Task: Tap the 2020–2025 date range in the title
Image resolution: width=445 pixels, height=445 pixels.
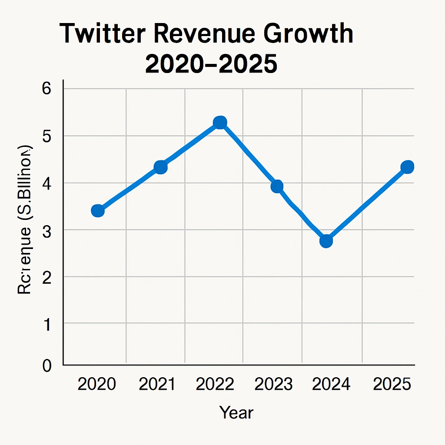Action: pos(211,64)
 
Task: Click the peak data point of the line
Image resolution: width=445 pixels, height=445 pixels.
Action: pos(220,123)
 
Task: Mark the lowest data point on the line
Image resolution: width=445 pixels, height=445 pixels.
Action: pos(326,241)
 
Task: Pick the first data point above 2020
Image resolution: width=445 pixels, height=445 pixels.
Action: pos(98,211)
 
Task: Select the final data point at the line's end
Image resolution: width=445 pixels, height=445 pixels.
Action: pos(407,167)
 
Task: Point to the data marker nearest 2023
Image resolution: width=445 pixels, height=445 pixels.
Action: pos(277,186)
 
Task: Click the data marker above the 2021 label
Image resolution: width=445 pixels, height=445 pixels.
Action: pos(161,167)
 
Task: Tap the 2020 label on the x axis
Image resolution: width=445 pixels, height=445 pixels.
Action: pos(96,385)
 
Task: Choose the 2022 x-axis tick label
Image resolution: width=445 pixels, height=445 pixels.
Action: pos(215,385)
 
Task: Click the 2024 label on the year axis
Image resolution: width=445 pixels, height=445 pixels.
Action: pos(332,385)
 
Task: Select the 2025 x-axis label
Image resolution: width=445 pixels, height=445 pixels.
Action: pos(392,385)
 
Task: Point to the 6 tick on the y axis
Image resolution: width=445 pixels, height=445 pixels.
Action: pos(46,89)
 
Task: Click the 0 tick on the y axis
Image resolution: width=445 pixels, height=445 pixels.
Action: pos(46,366)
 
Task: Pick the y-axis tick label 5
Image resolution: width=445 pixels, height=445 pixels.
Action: pos(46,136)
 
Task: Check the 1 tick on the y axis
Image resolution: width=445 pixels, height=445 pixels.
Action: pos(46,324)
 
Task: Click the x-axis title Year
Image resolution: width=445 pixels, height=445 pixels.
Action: pos(236,412)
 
